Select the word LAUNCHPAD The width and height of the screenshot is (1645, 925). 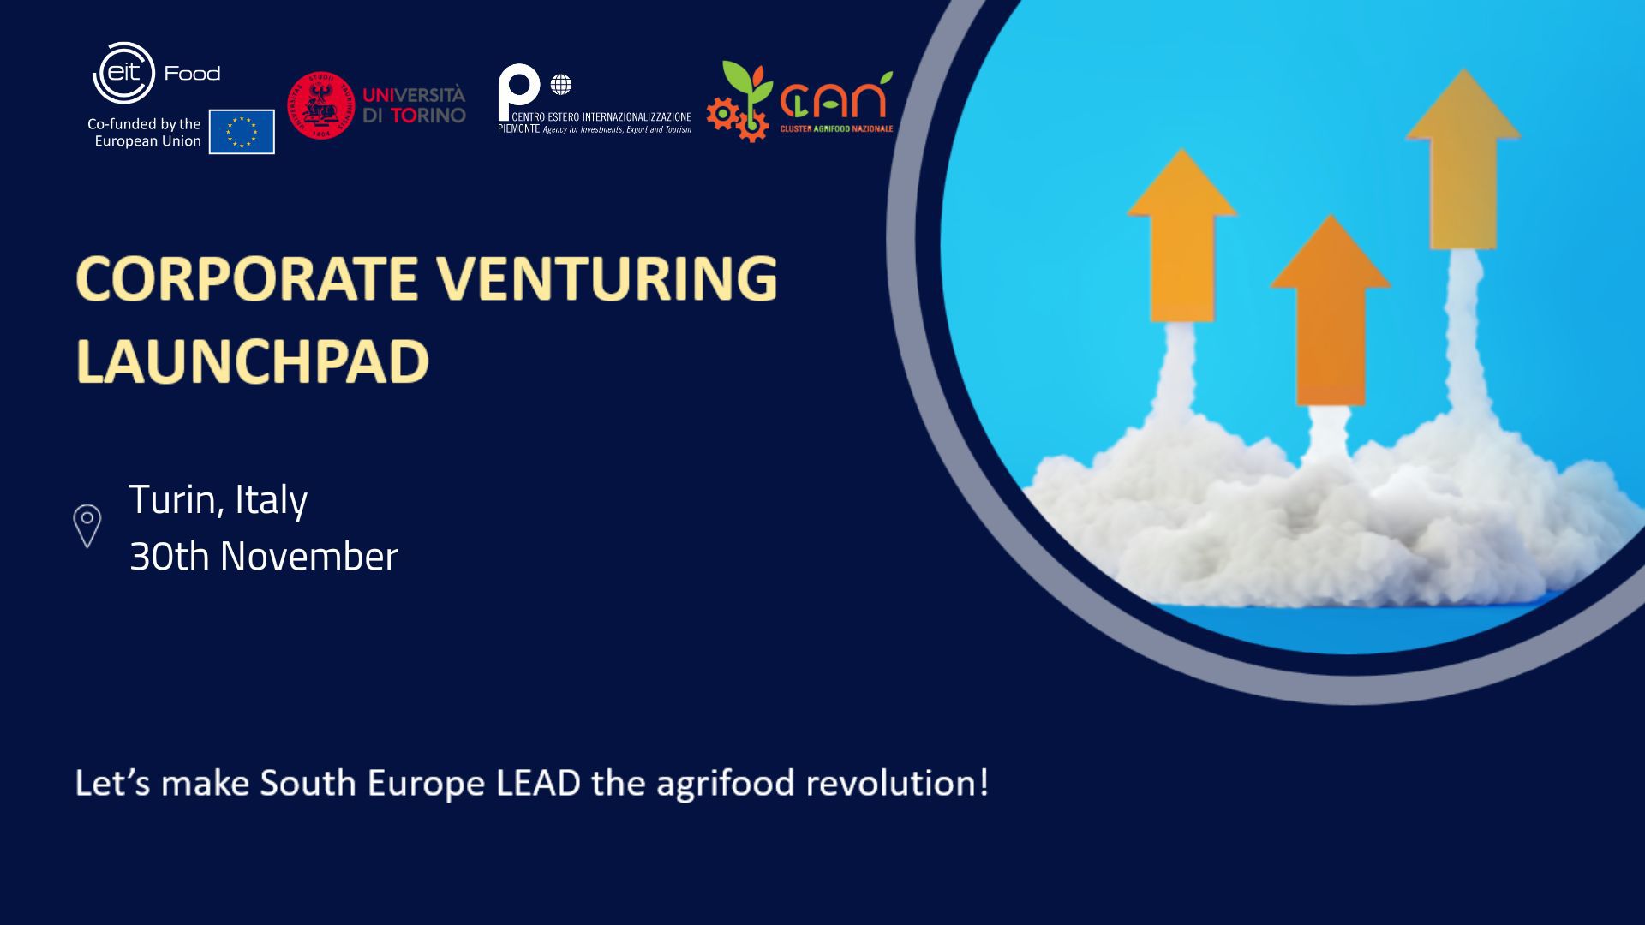coord(252,361)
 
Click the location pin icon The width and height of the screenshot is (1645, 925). coord(87,526)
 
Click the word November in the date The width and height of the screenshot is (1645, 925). coord(309,557)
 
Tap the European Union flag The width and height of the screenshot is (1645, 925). coord(242,132)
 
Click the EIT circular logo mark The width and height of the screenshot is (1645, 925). coord(123,73)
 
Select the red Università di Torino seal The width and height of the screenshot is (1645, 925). coord(320,105)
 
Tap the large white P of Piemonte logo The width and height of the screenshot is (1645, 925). coord(518,90)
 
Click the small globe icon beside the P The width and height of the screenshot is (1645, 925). coord(561,85)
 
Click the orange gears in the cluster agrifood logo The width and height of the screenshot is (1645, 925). coord(737,120)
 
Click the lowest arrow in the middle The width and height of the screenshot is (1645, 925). coord(1330,310)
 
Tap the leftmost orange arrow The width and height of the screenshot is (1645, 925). coord(1182,236)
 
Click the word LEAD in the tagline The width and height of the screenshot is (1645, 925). coord(538,783)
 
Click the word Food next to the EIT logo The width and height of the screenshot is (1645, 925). coord(192,74)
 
